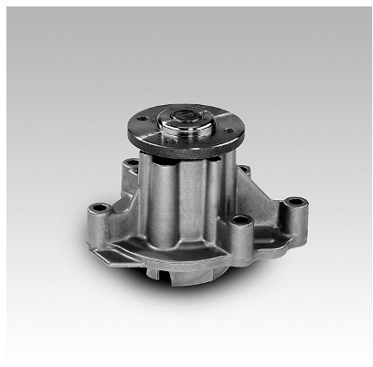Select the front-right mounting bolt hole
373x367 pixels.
click(240, 220)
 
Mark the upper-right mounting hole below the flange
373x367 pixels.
click(242, 168)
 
